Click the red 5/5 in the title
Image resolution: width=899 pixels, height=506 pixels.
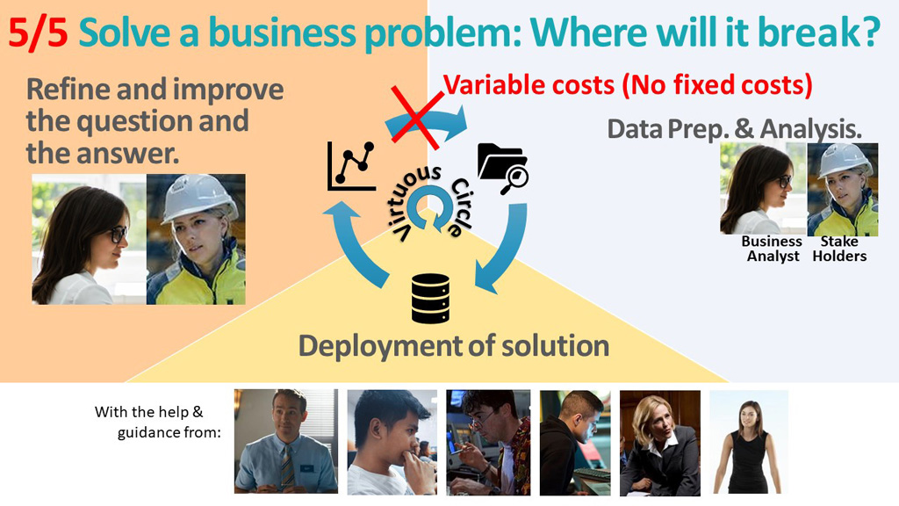point(39,33)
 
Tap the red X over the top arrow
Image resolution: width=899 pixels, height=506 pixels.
point(416,117)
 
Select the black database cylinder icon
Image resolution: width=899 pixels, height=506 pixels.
point(430,299)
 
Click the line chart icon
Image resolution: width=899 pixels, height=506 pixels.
point(351,166)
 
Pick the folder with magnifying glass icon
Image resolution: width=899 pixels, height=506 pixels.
point(503,168)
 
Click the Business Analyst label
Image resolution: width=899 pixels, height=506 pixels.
point(772,249)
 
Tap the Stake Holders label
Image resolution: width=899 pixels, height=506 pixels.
point(839,249)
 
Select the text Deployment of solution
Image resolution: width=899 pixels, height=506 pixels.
point(454,346)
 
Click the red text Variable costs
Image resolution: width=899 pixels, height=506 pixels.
point(528,85)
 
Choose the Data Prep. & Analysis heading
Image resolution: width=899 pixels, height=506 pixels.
point(735,129)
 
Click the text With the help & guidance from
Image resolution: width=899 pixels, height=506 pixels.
point(158,422)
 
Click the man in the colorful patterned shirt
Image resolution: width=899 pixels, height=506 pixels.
point(488,443)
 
